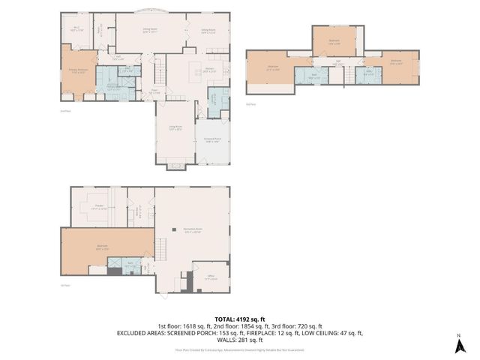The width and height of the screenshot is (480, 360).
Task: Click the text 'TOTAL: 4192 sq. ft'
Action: pos(240,319)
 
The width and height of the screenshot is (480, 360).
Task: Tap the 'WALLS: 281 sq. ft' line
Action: pos(240,340)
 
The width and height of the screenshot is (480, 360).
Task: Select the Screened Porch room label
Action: pos(212,139)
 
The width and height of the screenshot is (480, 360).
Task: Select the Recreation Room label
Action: pos(193,229)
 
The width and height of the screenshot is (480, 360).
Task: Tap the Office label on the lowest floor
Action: pos(211,276)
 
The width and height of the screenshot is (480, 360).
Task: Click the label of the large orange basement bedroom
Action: pos(101,246)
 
